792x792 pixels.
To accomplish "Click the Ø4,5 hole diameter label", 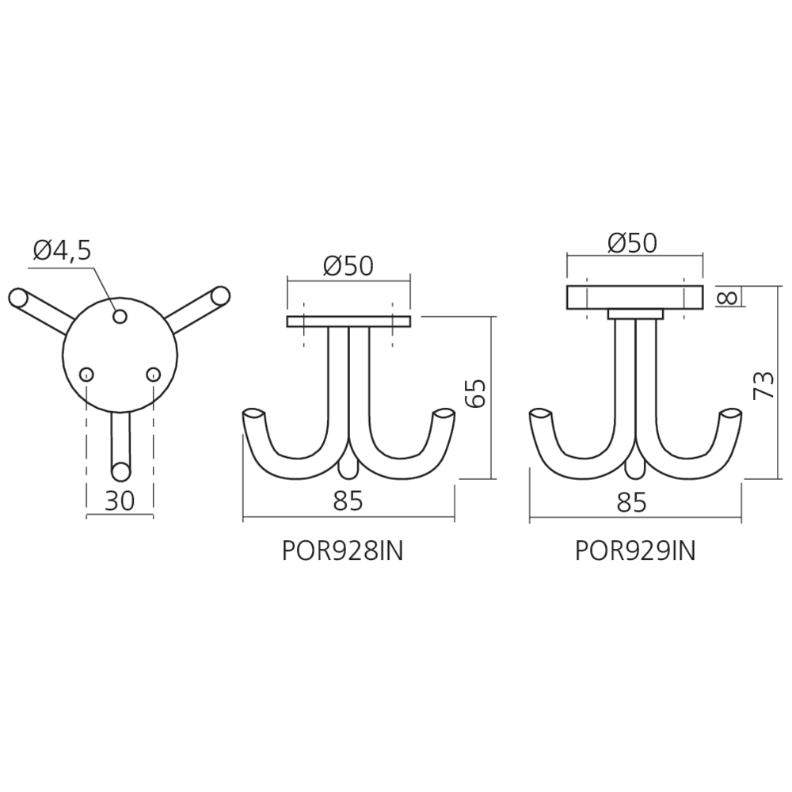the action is click(x=62, y=250).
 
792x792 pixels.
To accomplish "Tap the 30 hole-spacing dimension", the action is click(x=120, y=501).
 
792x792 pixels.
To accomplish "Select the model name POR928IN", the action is click(x=342, y=551).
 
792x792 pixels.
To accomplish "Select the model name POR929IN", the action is click(x=635, y=550).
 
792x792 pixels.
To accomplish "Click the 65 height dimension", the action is click(x=475, y=393).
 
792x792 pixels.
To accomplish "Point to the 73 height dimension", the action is click(x=763, y=385).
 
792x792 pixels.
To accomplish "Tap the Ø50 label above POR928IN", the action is click(x=348, y=265).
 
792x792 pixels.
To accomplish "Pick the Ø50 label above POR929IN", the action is click(x=632, y=243).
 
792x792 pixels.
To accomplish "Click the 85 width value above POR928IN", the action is click(x=348, y=501).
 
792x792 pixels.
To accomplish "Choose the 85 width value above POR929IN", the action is click(x=631, y=502).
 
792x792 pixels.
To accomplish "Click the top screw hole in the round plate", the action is click(x=120, y=316).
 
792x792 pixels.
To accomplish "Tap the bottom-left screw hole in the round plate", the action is click(x=86, y=375).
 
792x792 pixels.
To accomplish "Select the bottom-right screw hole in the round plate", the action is click(x=153, y=375).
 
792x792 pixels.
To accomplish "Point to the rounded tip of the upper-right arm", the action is click(x=221, y=295).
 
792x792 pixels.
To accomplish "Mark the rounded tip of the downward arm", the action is click(x=120, y=472).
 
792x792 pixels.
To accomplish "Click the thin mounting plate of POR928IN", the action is click(x=348, y=322).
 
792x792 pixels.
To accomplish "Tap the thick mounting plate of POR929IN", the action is click(x=634, y=298).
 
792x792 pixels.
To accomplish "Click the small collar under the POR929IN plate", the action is click(x=635, y=314).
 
